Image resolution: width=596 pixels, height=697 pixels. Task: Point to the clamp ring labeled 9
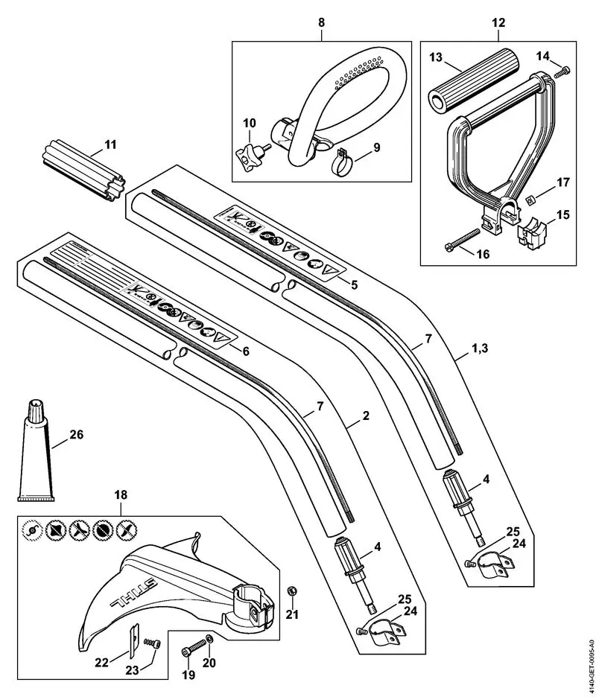coord(340,161)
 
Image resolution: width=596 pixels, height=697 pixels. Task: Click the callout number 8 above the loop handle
coord(321,23)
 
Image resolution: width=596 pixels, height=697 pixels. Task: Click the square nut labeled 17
coord(529,199)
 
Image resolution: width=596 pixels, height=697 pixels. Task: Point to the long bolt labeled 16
coord(461,242)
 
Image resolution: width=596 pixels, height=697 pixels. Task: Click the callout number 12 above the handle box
coord(498,23)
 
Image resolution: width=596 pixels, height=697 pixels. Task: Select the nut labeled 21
coord(292,591)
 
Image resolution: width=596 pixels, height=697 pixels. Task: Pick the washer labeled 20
coord(209,639)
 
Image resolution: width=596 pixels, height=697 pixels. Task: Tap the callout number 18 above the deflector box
coord(121,494)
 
